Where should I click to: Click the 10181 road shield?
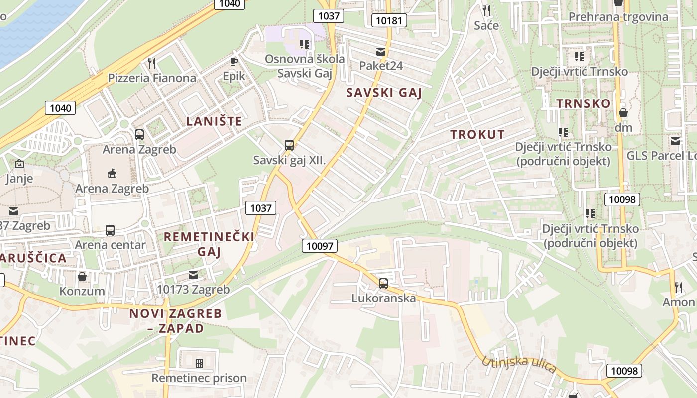click(389, 20)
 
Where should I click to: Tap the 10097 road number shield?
click(319, 245)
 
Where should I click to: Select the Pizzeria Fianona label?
click(152, 78)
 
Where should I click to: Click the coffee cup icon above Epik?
click(233, 61)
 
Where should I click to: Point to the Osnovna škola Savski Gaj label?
click(304, 66)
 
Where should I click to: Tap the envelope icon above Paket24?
click(381, 52)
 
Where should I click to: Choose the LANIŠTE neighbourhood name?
click(214, 121)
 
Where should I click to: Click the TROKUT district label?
click(477, 134)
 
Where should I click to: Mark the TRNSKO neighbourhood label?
click(583, 103)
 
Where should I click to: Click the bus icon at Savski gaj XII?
click(289, 145)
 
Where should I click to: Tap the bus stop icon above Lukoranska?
click(383, 284)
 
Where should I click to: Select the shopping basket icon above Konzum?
click(82, 276)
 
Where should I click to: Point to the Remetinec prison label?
click(199, 378)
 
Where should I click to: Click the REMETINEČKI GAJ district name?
click(209, 244)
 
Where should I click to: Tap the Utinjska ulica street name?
click(518, 364)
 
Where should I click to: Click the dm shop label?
click(623, 128)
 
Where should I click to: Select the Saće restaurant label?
click(486, 25)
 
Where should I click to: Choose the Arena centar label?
click(110, 245)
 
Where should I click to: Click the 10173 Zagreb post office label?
click(193, 289)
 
